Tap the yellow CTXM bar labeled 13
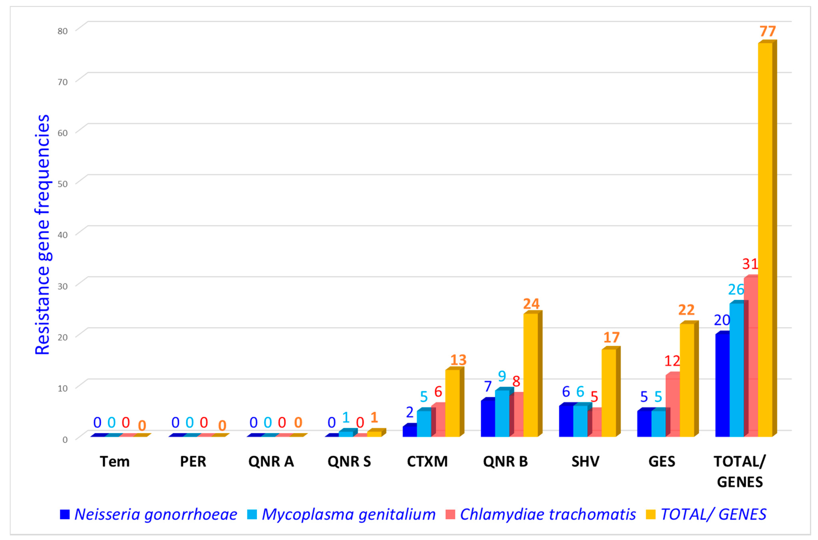[452, 403]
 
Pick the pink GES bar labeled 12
[672, 406]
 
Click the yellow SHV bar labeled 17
[609, 393]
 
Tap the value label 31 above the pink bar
[750, 264]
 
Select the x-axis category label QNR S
[349, 461]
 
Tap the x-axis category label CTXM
[427, 461]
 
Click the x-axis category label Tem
[115, 461]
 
